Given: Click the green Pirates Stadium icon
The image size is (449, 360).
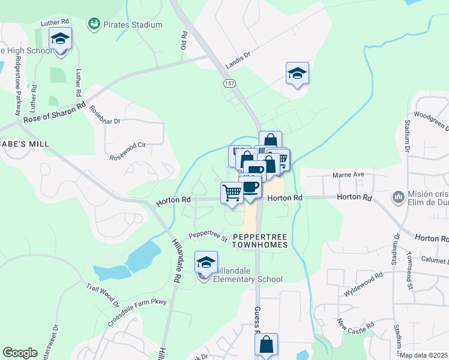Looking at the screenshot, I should [x=94, y=24].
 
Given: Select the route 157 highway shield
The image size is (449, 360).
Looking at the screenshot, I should [x=230, y=83].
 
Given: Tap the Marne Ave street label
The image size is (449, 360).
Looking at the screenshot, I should [x=349, y=175].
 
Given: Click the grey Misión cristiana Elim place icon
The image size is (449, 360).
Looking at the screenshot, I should [x=398, y=197].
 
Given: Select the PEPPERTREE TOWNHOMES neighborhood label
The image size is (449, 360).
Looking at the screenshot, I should [x=260, y=241].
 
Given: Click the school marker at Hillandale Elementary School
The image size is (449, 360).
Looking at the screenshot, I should [x=206, y=263].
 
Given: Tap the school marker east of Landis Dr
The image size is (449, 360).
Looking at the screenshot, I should [x=297, y=73].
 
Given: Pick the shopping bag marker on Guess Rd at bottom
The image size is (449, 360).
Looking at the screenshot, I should [x=266, y=345].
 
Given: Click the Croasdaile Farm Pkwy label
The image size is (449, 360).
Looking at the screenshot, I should [x=137, y=308].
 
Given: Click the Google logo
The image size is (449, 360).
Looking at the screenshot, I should [x=20, y=353].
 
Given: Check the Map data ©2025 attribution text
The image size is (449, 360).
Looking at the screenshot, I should [x=424, y=355].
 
